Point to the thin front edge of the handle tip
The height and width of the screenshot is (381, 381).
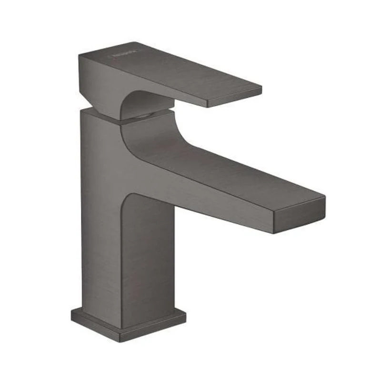pos(236,98)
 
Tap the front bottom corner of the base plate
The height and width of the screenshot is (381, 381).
pos(121,339)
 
